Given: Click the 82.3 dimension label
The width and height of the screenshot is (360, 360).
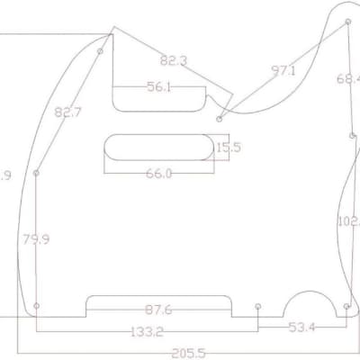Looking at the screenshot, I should [x=173, y=61].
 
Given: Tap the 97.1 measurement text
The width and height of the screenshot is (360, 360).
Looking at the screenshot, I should [x=283, y=70].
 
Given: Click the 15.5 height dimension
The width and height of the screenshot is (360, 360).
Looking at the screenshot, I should [x=229, y=147].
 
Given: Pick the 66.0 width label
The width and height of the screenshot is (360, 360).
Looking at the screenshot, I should [x=158, y=173].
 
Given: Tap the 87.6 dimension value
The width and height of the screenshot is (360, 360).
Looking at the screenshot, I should [x=157, y=310].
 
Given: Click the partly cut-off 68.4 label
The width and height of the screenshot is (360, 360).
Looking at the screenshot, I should [x=349, y=79].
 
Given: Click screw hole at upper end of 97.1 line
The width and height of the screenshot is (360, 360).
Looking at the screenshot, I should [x=347, y=20].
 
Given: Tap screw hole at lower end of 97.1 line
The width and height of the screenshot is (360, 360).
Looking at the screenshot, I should [x=220, y=118].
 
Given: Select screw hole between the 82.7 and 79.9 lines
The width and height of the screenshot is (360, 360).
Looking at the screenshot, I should [x=37, y=173].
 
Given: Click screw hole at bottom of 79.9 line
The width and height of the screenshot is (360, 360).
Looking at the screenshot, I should [x=37, y=306].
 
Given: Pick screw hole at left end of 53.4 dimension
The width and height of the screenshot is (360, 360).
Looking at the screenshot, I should [x=258, y=306].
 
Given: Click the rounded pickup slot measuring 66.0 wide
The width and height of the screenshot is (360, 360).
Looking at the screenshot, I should [x=158, y=146].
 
